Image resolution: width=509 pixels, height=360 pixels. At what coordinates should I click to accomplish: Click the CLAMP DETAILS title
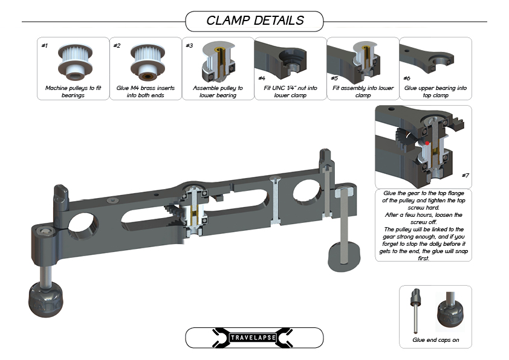[x=255, y=21]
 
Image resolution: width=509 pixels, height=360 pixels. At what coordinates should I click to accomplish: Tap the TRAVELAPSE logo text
[x=253, y=338]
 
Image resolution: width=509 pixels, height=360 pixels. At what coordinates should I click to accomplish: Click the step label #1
[x=45, y=45]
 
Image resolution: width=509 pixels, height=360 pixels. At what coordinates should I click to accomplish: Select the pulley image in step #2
[x=148, y=62]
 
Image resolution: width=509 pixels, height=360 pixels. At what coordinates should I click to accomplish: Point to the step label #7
[x=465, y=175]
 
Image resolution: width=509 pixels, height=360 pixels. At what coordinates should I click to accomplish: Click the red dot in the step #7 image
[x=427, y=143]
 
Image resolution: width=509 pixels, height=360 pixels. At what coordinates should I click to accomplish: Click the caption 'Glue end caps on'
[x=436, y=340]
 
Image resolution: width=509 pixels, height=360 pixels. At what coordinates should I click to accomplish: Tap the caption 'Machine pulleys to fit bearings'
[x=73, y=91]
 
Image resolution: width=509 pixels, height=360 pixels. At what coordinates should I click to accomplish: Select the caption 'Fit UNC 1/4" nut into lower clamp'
[x=290, y=91]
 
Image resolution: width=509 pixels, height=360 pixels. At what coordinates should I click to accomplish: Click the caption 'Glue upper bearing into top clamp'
[x=435, y=91]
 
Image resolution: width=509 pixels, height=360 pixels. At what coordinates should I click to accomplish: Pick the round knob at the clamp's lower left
[x=45, y=299]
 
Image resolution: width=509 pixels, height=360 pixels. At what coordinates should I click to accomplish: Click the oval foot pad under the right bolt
[x=344, y=257]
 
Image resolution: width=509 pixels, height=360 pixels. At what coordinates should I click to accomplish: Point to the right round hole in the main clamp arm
[x=307, y=192]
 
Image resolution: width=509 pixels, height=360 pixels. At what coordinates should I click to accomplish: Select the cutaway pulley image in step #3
[x=217, y=62]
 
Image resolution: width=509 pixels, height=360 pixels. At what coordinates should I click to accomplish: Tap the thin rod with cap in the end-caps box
[x=416, y=310]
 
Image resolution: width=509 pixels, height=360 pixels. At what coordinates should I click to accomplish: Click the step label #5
[x=334, y=78]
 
